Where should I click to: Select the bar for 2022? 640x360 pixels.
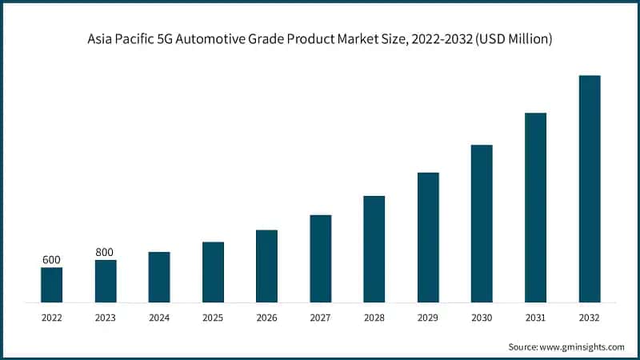(51, 285)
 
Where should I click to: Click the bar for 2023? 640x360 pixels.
(106, 281)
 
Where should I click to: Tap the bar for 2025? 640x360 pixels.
(213, 272)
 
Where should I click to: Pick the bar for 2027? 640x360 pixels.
(321, 258)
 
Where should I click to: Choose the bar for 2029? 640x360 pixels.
(428, 238)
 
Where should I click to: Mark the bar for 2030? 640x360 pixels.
(482, 224)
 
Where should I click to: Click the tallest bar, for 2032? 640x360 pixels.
(590, 189)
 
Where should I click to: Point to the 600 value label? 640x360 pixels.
(51, 260)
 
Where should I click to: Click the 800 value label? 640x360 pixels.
(106, 252)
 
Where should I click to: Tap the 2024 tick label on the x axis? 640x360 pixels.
(159, 318)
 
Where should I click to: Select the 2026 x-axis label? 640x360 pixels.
(266, 318)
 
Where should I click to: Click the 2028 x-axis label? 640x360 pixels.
(374, 318)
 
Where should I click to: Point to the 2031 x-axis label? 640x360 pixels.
(535, 318)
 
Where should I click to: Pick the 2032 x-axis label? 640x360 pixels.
(590, 318)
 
